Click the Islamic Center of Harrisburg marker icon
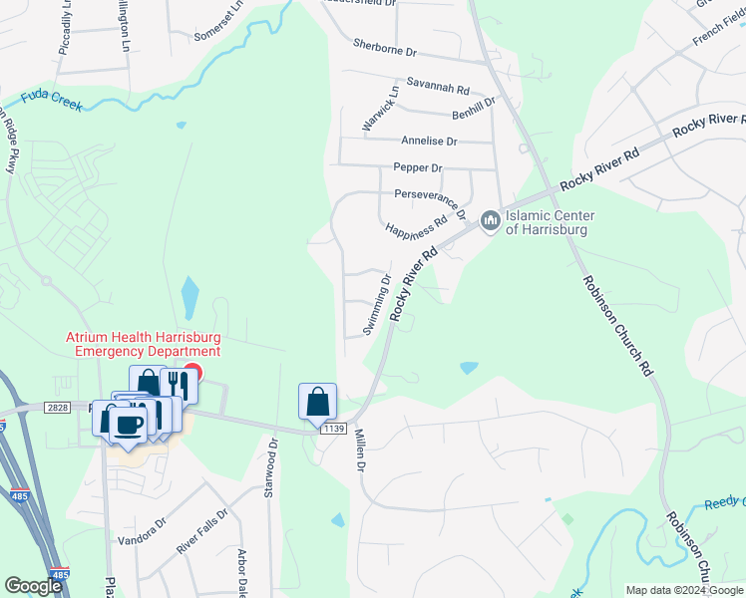tap(490, 219)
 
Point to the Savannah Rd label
tap(437, 88)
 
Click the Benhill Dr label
tap(474, 115)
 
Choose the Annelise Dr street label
tap(429, 142)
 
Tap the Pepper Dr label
tap(417, 168)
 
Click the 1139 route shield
tap(333, 428)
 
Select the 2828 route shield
tap(58, 408)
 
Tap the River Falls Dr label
tap(202, 532)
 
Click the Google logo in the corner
tap(34, 586)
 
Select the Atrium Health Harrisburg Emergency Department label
tap(143, 345)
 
